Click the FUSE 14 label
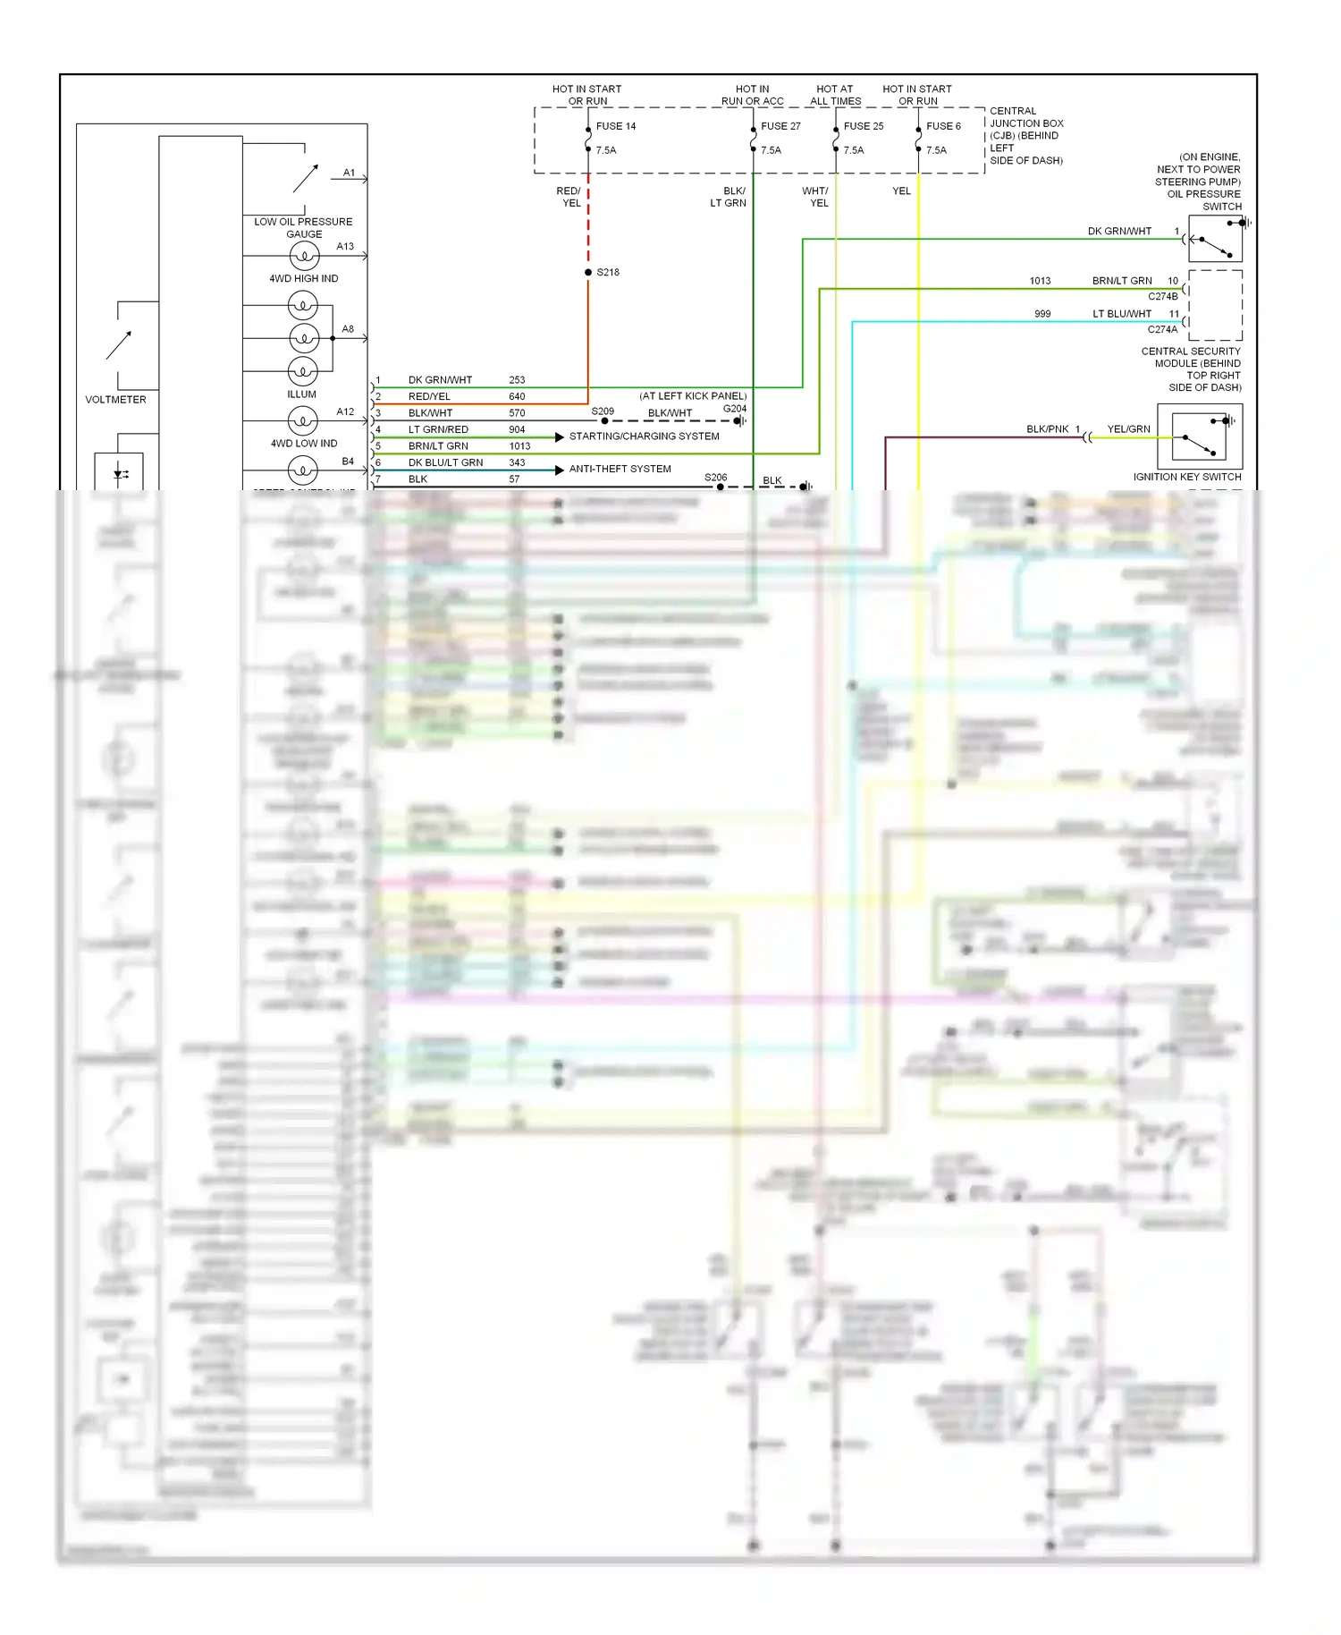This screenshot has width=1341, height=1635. coord(616,126)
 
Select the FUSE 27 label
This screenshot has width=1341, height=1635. coord(780,126)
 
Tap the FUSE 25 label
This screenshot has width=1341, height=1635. coord(863,126)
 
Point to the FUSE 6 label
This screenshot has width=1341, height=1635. coord(943,126)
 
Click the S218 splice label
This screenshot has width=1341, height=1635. coord(608,272)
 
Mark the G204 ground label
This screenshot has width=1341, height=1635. coord(734,409)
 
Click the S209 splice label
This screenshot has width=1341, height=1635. coord(603,411)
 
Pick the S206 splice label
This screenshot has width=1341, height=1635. coord(715,478)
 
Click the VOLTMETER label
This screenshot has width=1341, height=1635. coord(115,400)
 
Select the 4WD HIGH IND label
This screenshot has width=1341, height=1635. coord(304,278)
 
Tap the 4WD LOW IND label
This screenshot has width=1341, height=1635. coord(304,443)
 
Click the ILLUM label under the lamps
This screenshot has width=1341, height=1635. coord(302,394)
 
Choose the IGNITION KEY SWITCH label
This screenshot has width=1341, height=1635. coord(1187,477)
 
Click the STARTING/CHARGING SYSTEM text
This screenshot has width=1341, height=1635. coord(644,436)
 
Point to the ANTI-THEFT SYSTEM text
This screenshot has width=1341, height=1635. coord(620,469)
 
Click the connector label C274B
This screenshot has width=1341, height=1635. coord(1162,296)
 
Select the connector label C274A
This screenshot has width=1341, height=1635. coord(1162,329)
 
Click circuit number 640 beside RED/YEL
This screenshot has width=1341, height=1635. coord(517,396)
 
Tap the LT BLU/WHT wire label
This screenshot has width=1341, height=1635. coord(1122,314)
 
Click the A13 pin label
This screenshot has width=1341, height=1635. coord(345,246)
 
